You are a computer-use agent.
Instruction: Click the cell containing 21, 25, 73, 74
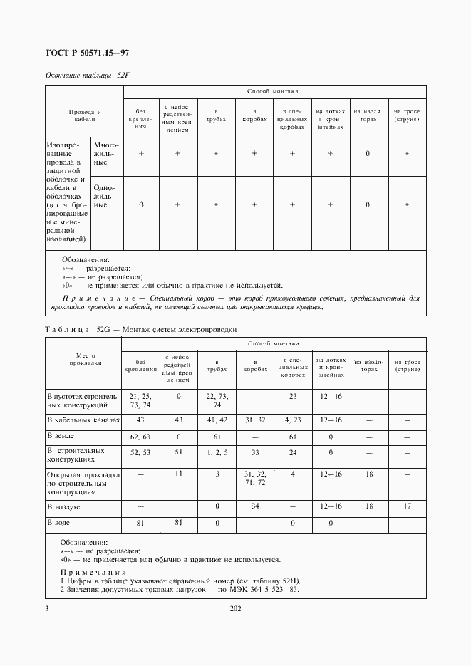(x=140, y=400)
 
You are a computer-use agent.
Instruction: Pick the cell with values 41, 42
(x=217, y=420)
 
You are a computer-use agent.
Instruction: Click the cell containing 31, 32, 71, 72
(x=254, y=478)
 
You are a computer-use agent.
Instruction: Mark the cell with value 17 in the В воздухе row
(x=407, y=506)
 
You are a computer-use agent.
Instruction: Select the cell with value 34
(x=254, y=506)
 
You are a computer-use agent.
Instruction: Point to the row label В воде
(x=58, y=523)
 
